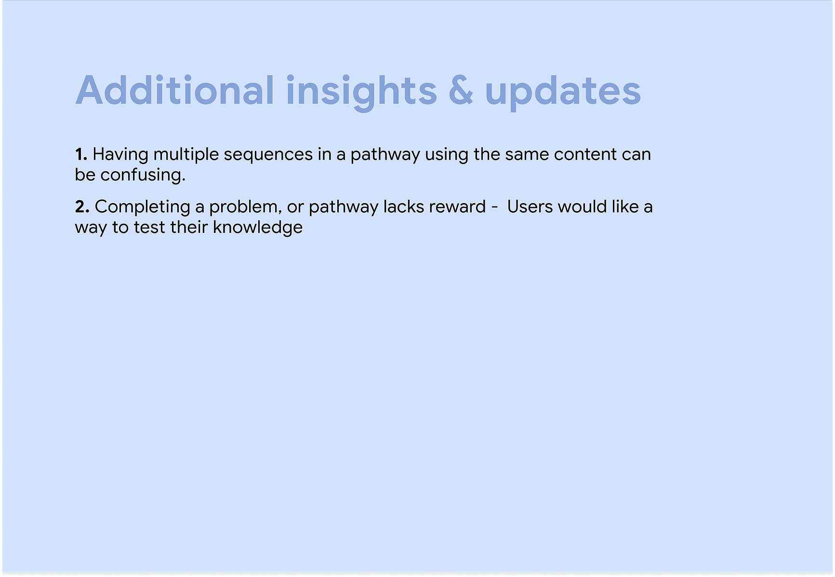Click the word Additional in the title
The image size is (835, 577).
[x=175, y=90]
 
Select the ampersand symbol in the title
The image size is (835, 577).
[x=461, y=90]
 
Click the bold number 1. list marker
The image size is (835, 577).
[x=81, y=154]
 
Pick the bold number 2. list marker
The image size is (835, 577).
[x=82, y=207]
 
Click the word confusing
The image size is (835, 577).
[x=143, y=175]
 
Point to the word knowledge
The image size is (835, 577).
[x=258, y=228]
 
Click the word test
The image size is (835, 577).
[x=149, y=228]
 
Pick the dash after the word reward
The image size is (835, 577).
[x=494, y=208]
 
